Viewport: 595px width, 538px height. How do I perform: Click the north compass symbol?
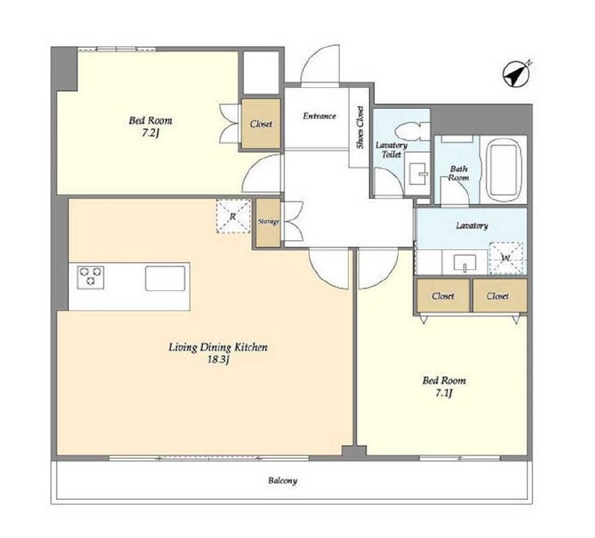point(516,75)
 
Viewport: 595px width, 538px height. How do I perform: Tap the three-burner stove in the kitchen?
point(90,278)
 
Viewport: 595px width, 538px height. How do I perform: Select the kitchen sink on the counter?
point(165,278)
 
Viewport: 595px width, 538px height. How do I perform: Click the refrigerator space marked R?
point(233,216)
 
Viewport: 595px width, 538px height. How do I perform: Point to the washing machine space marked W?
point(506,258)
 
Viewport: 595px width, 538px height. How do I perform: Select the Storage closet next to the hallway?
point(268,222)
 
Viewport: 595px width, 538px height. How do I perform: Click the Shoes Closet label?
point(360,127)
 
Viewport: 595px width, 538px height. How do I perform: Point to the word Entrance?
point(319,116)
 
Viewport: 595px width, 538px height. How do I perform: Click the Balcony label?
point(282,481)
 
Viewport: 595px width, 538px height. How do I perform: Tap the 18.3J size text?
point(218,360)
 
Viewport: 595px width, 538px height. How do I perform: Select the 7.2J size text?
point(150,133)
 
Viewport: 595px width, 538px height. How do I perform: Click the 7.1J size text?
point(444,393)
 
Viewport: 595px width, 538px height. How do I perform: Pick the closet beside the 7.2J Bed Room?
point(261,124)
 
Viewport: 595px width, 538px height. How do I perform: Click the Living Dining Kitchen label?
point(218,347)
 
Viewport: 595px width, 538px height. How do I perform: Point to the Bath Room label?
point(458,173)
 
